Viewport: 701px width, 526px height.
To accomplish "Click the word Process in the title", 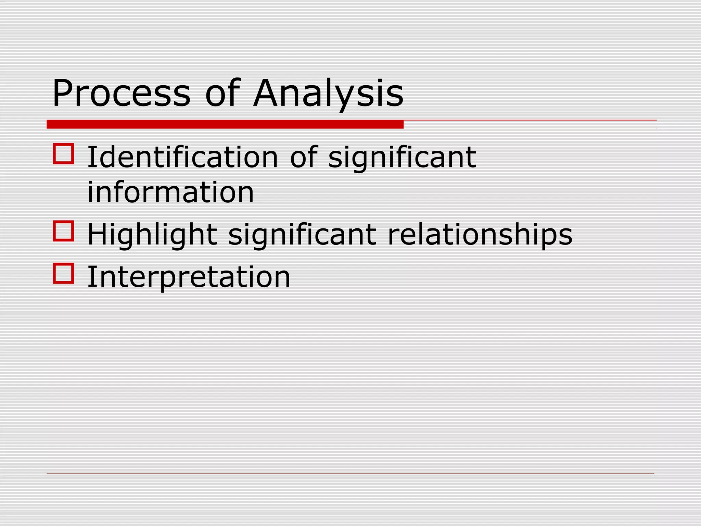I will (x=121, y=93).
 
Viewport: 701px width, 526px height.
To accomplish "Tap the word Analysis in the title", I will (x=329, y=93).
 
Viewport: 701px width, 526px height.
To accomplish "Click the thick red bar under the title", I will (x=225, y=124).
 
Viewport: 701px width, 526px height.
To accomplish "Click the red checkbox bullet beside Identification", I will (x=64, y=154).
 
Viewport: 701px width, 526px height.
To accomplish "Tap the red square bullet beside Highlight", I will (x=64, y=231).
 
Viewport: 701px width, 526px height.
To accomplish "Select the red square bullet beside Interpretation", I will (x=64, y=273).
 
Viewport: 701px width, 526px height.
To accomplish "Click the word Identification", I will (x=183, y=157).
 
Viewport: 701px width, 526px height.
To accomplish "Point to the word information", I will (x=170, y=192).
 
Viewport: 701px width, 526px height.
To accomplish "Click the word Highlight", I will (x=152, y=235).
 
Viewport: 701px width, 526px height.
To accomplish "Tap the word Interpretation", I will (x=189, y=277).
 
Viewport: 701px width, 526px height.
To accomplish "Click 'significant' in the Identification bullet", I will (x=402, y=157).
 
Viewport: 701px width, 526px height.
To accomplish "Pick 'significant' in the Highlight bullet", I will (x=302, y=235).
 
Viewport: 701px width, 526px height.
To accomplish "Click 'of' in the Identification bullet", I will (x=304, y=157).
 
